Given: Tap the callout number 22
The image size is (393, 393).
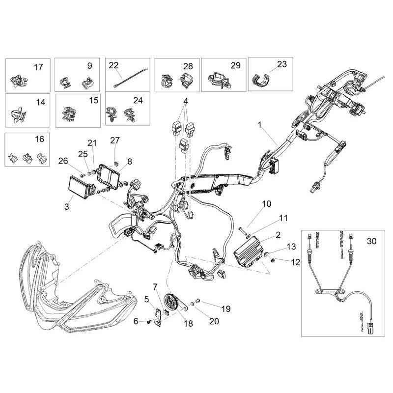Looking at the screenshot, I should coord(114,65).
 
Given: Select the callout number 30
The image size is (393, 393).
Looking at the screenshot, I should coord(372,241).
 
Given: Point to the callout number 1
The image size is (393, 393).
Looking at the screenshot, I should coord(260,125).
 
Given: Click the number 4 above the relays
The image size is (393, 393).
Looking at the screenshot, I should coord(186,102).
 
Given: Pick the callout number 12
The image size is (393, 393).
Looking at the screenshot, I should coord(295,262).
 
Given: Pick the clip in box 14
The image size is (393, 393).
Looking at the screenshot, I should coord(18,114).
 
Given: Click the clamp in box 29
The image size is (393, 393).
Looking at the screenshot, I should coord(219,80).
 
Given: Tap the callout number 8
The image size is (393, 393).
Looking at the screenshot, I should coord(130,161).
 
